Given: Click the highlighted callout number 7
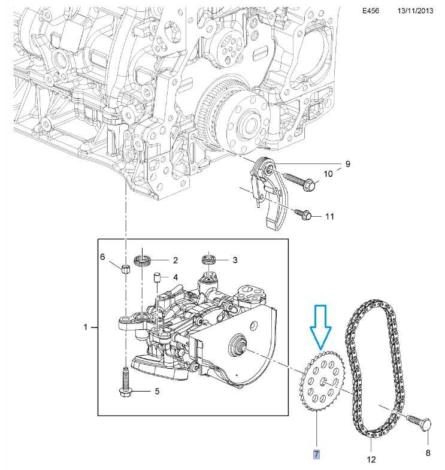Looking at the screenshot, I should (x=317, y=454).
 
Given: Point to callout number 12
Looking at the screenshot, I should (x=371, y=460).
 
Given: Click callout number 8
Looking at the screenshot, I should (x=428, y=453).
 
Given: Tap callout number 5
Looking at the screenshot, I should (x=157, y=392).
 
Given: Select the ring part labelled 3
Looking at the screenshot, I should (x=208, y=260).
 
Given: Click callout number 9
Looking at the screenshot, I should (x=347, y=163).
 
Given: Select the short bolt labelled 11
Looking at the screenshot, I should (x=302, y=214).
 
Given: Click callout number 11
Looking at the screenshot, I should (x=329, y=216).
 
